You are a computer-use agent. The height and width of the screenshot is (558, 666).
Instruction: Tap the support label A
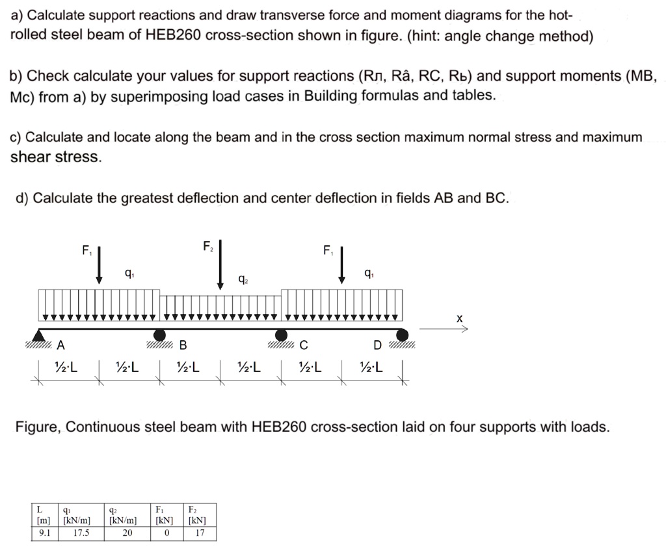pyautogui.click(x=61, y=345)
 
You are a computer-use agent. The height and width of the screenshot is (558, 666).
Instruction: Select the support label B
pyautogui.click(x=183, y=345)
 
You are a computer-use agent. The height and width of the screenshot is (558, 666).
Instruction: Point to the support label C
pyautogui.click(x=304, y=345)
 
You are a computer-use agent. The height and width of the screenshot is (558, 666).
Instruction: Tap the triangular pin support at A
pyautogui.click(x=40, y=336)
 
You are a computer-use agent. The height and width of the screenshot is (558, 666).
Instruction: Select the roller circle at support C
pyautogui.click(x=282, y=335)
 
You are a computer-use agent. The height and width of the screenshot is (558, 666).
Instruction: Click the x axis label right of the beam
pyautogui.click(x=459, y=319)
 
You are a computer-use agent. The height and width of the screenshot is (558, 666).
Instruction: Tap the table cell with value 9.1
pyautogui.click(x=45, y=533)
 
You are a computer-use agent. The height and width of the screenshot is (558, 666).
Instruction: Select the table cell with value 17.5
pyautogui.click(x=81, y=533)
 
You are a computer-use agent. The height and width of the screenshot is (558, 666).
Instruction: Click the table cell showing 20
pyautogui.click(x=127, y=533)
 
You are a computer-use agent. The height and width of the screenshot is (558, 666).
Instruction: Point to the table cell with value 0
pyautogui.click(x=166, y=533)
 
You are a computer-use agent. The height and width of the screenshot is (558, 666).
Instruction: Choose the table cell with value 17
pyautogui.click(x=200, y=533)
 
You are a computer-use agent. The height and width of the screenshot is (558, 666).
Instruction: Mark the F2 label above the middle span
pyautogui.click(x=207, y=246)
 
